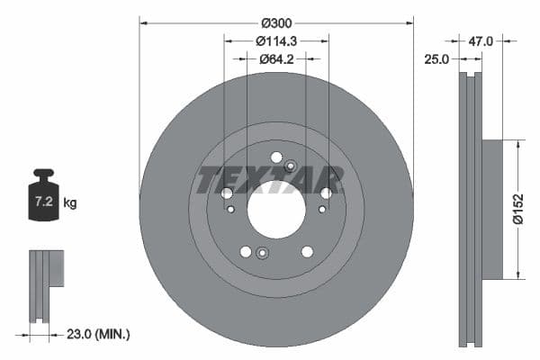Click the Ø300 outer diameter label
[276, 21]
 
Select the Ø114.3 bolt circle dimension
[276, 40]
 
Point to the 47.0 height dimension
[481, 40]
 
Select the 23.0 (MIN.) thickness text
[99, 334]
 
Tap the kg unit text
[70, 203]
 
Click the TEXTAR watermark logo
[270, 179]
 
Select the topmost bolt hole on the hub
[276, 157]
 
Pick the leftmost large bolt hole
[227, 193]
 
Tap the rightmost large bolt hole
[326, 193]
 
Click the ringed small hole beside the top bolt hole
[290, 166]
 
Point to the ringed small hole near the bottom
[262, 252]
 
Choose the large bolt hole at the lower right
[307, 251]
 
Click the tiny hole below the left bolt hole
[231, 210]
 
